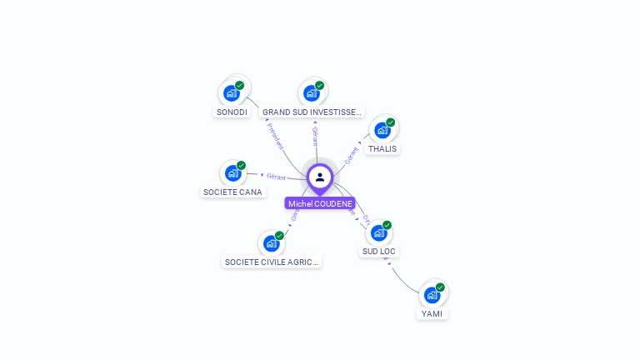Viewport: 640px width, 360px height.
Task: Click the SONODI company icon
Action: point(231,93)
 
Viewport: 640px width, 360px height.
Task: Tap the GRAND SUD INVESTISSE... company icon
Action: point(311,93)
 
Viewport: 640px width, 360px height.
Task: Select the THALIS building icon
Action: point(382,131)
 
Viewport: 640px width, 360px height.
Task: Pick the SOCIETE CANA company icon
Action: point(232,173)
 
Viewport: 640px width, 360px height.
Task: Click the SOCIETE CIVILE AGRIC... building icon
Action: point(271,243)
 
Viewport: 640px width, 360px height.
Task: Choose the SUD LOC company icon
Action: point(378,232)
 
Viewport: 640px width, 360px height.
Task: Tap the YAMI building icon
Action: point(432,295)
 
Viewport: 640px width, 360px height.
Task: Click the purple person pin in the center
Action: point(320,177)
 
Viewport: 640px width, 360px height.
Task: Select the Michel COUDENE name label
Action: point(320,203)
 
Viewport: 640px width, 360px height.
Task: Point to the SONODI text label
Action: point(232,112)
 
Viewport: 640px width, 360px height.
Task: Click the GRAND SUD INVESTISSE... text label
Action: point(312,112)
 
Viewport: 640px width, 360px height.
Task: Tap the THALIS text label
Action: point(382,149)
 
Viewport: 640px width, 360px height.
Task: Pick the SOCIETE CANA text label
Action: point(232,192)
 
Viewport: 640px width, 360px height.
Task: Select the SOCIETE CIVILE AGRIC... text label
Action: point(272,262)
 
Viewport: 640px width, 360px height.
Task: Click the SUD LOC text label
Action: point(379,251)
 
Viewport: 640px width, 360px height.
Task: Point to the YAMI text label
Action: point(432,314)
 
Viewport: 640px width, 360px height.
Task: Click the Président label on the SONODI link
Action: point(276,134)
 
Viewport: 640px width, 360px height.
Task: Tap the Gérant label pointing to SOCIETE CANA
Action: point(276,177)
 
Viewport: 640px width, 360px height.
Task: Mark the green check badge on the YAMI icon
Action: point(440,287)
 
